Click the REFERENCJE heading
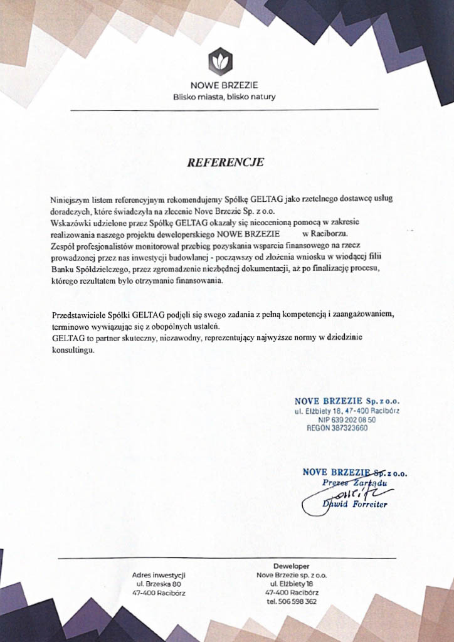[x=226, y=162]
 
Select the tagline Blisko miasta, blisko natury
[x=224, y=97]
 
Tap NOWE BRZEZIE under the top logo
[x=224, y=85]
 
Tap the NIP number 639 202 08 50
[x=347, y=420]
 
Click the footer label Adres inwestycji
[x=159, y=574]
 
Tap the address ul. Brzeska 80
[x=159, y=583]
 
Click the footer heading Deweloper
[x=291, y=566]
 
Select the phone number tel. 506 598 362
[x=291, y=601]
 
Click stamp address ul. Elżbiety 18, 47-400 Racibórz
[x=347, y=411]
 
